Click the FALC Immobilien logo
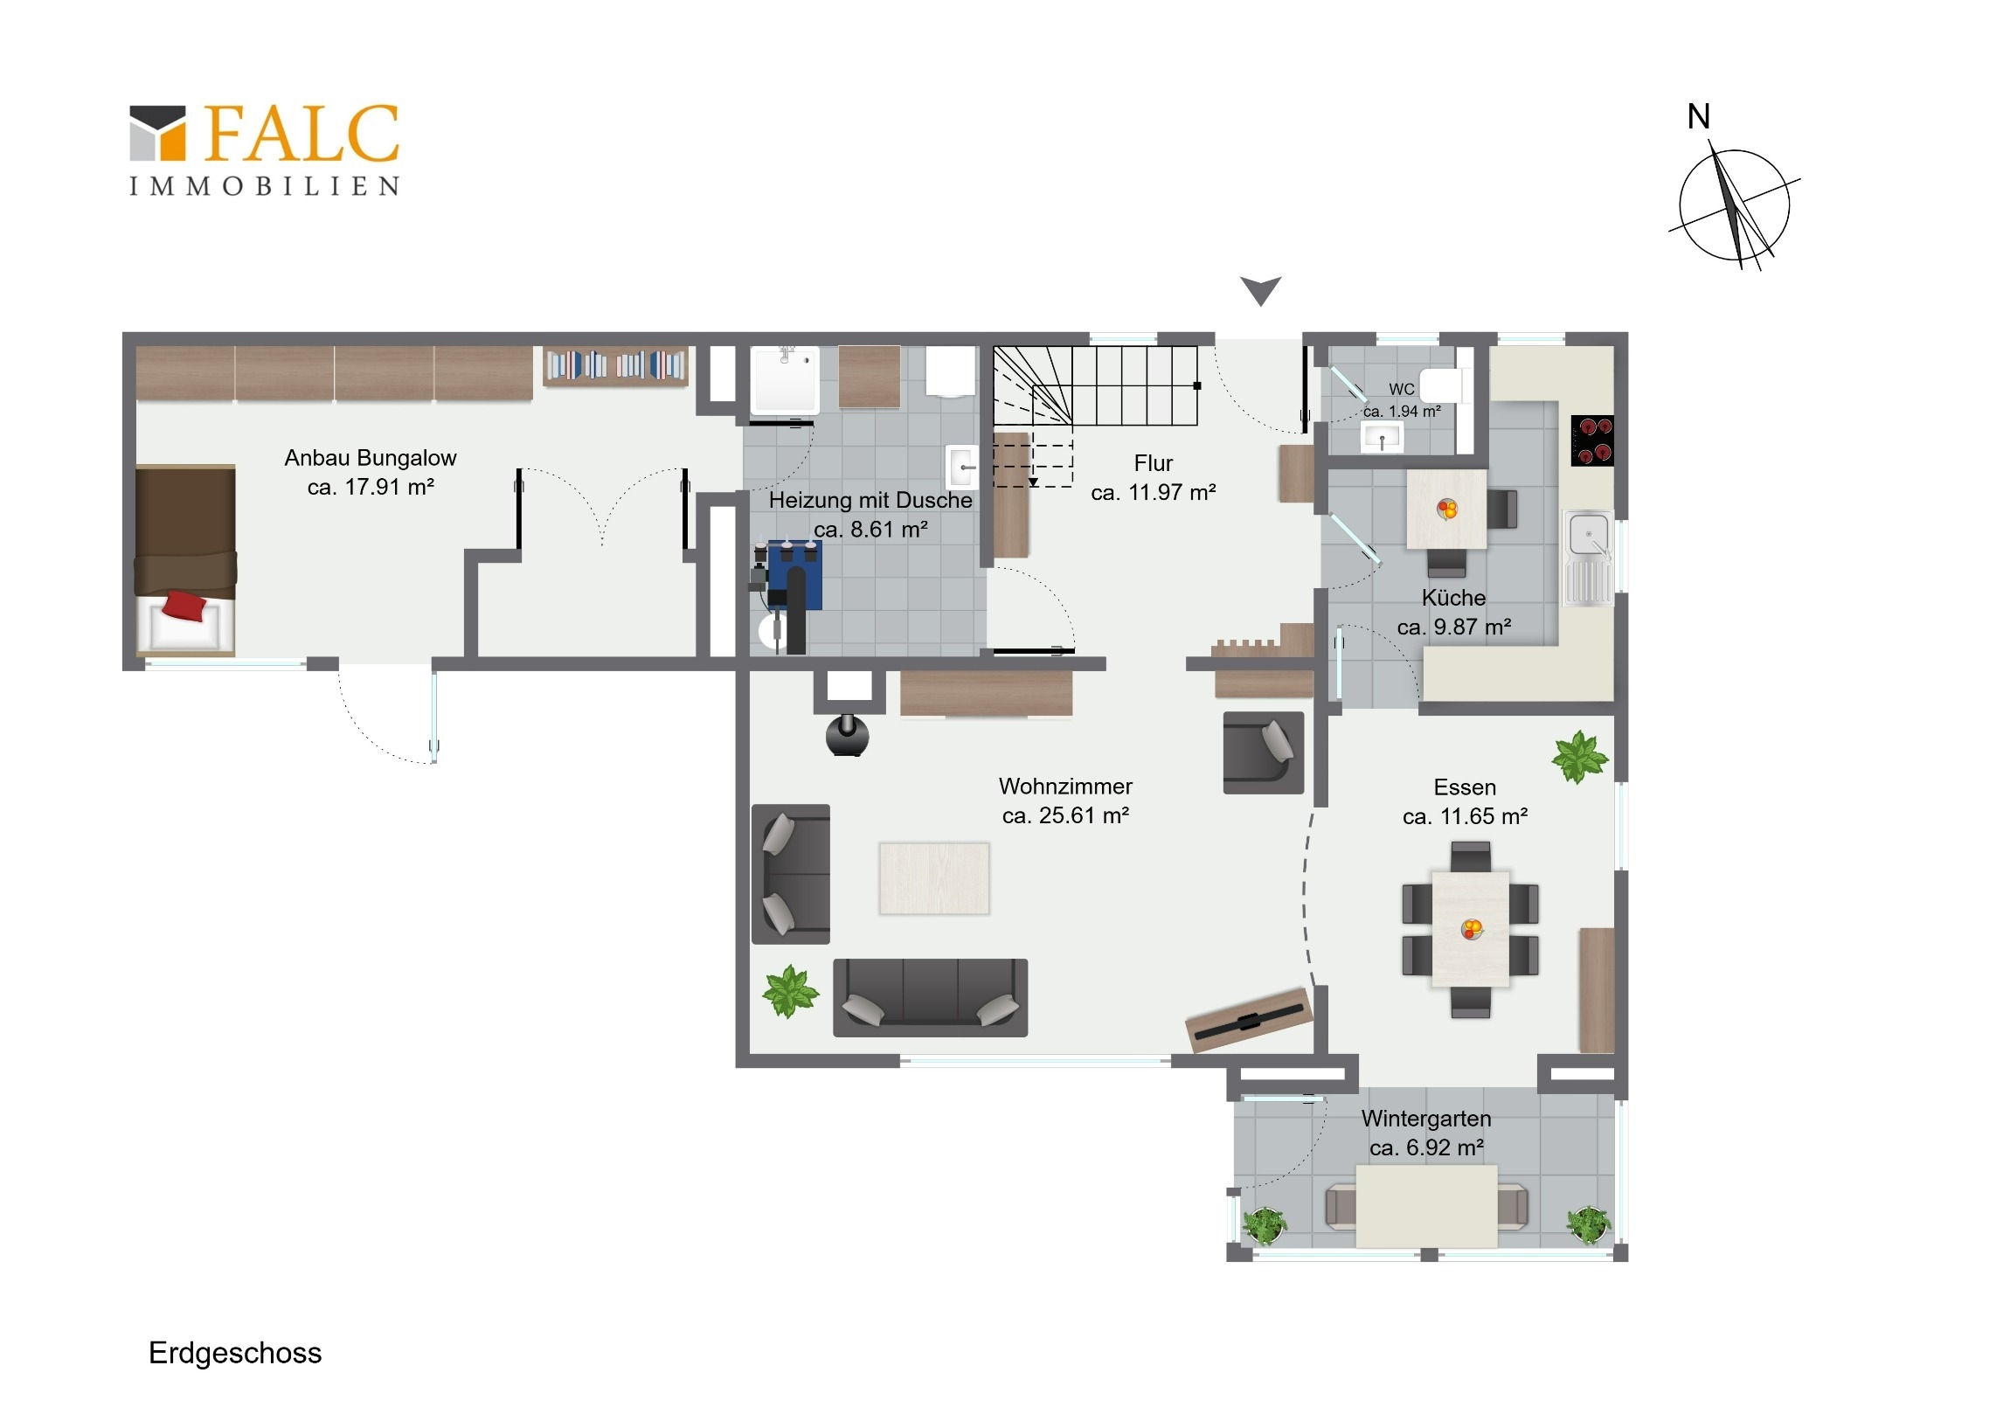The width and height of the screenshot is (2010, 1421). pyautogui.click(x=265, y=149)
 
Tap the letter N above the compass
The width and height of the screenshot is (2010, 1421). pyautogui.click(x=1698, y=116)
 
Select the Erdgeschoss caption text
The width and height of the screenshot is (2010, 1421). pyautogui.click(x=235, y=1353)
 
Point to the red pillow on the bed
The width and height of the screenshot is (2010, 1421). pyautogui.click(x=184, y=605)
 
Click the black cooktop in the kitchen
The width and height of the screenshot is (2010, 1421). pyautogui.click(x=1592, y=440)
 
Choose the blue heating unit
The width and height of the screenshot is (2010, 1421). pyautogui.click(x=794, y=574)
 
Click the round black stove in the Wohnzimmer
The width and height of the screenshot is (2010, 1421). pyautogui.click(x=848, y=736)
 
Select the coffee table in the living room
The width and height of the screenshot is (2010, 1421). pyautogui.click(x=934, y=878)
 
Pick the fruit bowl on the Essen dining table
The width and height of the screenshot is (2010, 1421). pyautogui.click(x=1473, y=928)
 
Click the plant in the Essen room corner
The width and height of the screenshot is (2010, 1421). pyautogui.click(x=1580, y=757)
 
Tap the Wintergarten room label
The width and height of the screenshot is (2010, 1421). pyautogui.click(x=1426, y=1118)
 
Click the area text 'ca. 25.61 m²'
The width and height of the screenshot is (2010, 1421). pyautogui.click(x=1065, y=815)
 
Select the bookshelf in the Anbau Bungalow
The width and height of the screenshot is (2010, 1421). pyautogui.click(x=615, y=365)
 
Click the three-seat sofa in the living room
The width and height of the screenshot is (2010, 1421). pyautogui.click(x=931, y=998)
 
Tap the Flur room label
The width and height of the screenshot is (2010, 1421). pyautogui.click(x=1153, y=463)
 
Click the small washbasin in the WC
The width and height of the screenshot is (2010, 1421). pyautogui.click(x=1383, y=436)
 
